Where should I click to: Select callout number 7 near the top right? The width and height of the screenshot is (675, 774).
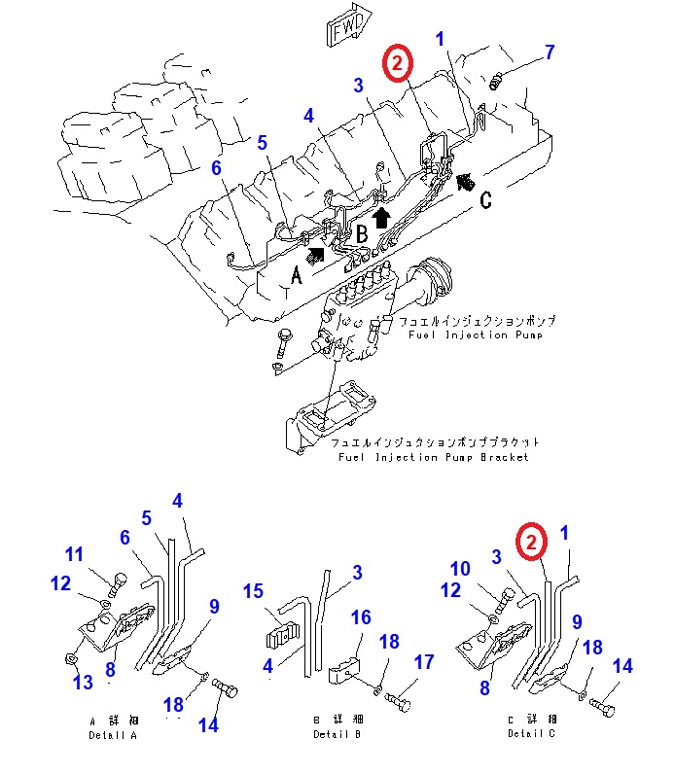pos(550,53)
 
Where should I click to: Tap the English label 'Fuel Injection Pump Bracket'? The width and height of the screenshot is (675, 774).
pos(434,456)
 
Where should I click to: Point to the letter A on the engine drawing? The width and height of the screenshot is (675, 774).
pos(299,276)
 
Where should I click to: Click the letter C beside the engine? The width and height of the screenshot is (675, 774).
pos(486,201)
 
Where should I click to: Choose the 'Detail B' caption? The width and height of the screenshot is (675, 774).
pos(337,728)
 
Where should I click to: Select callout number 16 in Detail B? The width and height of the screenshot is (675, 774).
pos(361,617)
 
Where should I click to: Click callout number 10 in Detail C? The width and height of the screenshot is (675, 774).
pos(461,568)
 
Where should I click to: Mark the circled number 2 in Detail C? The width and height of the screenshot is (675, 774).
pos(530,543)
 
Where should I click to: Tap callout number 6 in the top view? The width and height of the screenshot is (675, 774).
pos(217,168)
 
